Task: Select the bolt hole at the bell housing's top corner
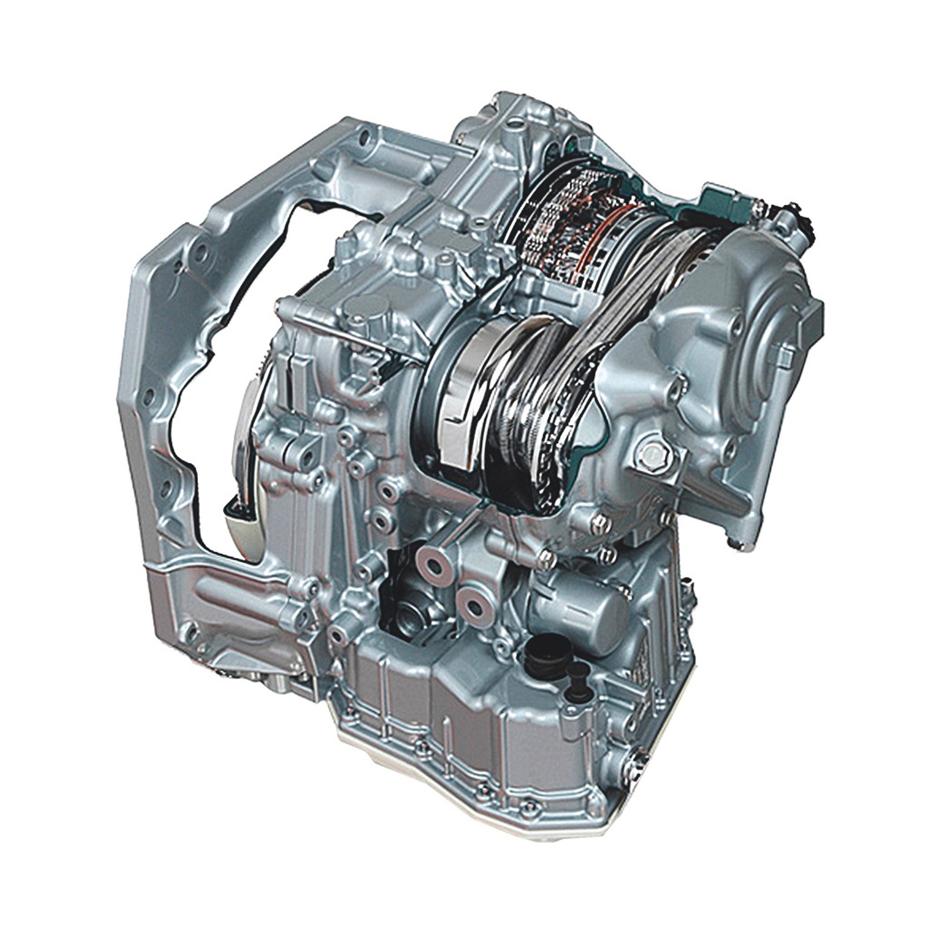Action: [365, 138]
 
